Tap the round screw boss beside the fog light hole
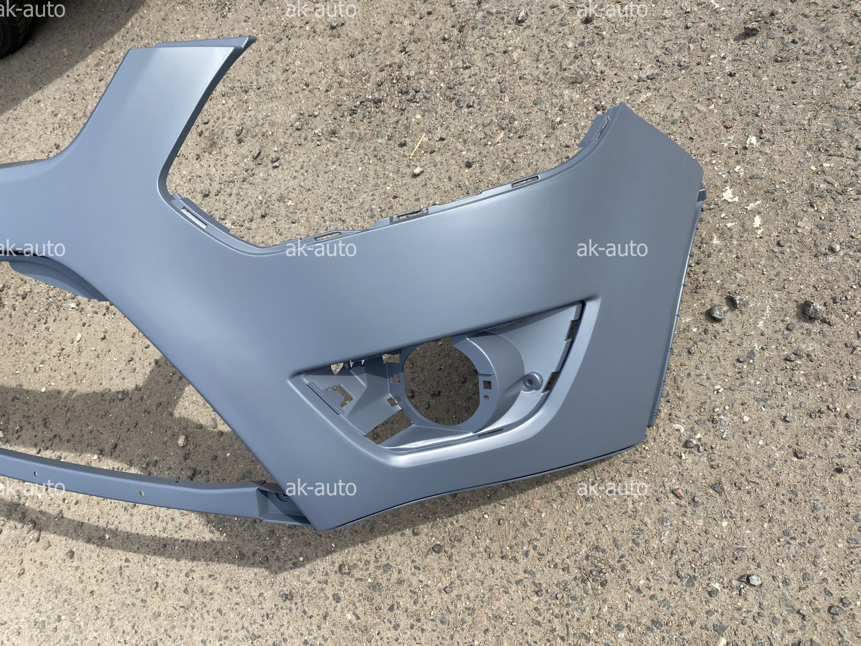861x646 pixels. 533,381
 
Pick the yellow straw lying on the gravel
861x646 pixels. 418,146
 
